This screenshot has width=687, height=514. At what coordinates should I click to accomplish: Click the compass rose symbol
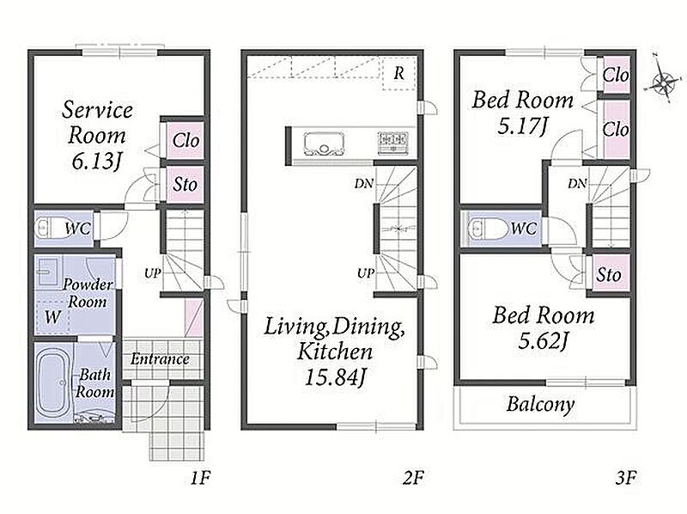(664, 82)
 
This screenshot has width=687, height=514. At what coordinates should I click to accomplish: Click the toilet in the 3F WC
(485, 228)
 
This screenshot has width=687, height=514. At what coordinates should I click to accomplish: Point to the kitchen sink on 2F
(324, 144)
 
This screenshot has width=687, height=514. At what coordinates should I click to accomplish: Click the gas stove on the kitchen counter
(393, 142)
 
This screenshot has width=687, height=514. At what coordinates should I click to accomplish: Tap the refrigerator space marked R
(398, 73)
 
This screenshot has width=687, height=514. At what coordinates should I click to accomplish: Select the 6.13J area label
(97, 162)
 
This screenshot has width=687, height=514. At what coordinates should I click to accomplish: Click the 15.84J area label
(335, 376)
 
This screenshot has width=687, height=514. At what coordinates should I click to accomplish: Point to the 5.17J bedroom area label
(522, 126)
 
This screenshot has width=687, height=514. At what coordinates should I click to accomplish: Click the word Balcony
(540, 404)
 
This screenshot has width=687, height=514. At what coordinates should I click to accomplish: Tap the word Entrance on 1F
(160, 358)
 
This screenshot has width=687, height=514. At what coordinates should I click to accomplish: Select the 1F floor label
(201, 477)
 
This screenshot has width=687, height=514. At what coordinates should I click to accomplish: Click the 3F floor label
(626, 477)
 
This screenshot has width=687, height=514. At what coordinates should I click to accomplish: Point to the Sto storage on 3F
(610, 273)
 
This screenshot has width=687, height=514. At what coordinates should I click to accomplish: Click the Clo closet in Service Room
(185, 140)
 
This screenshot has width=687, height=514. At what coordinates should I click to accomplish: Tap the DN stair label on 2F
(364, 183)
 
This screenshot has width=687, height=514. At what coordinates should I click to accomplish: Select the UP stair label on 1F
(153, 273)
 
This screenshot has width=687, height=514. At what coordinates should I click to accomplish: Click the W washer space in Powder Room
(52, 316)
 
